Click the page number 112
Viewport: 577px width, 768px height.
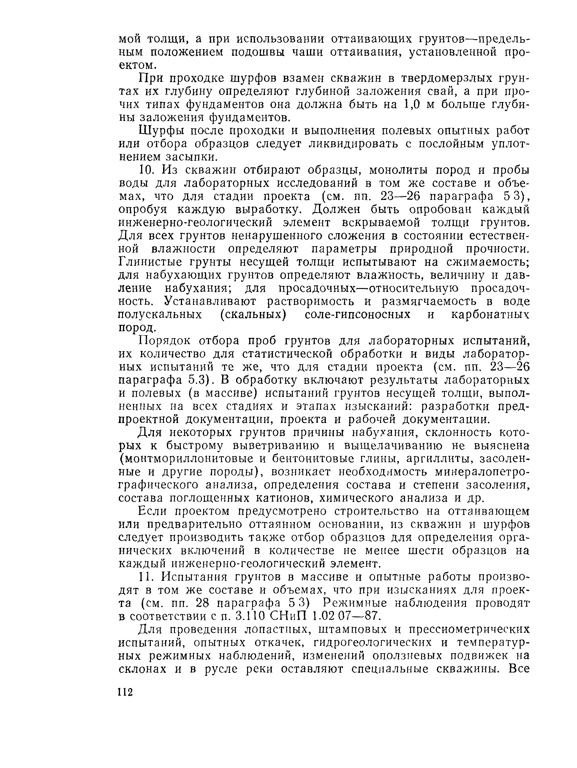(x=126, y=692)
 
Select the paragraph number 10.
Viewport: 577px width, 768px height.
(x=146, y=170)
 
